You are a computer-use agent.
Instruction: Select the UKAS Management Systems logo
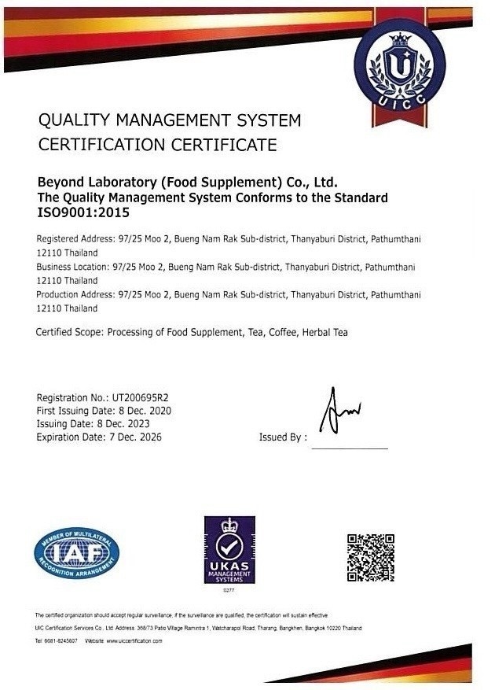[229, 550]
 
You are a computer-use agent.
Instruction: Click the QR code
[371, 557]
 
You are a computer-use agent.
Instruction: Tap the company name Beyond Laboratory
[101, 183]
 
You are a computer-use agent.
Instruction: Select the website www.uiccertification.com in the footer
[134, 641]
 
